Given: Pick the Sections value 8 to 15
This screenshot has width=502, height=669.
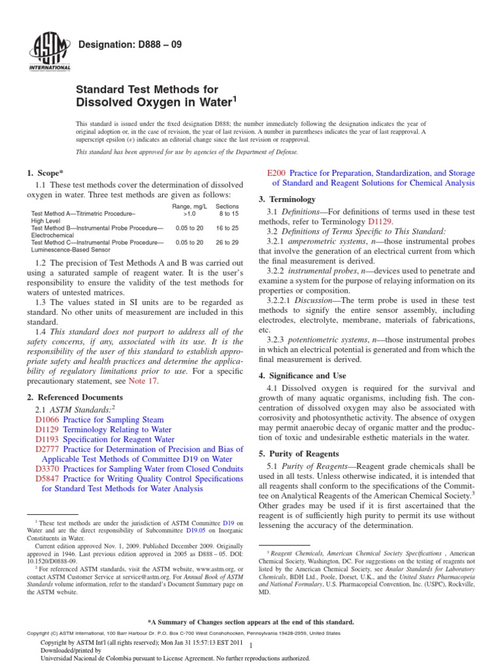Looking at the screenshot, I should click(228, 214).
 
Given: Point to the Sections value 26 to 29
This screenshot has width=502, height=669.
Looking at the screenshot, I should click(228, 242).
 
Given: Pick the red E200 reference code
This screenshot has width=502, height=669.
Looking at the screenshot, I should click(277, 174).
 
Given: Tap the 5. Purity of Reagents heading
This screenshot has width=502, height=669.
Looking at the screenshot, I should click(298, 454).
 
